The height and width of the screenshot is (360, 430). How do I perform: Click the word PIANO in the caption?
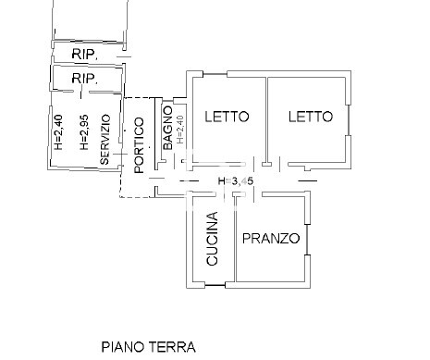(x=123, y=347)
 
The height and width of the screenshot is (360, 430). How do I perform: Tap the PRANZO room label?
(x=271, y=239)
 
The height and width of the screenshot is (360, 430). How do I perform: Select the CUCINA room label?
(x=213, y=239)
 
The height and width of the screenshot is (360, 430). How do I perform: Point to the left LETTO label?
(x=226, y=118)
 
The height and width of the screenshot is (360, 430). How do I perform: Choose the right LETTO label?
(x=309, y=118)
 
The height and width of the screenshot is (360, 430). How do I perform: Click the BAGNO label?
(x=167, y=128)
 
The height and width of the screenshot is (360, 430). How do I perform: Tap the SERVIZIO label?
(x=105, y=139)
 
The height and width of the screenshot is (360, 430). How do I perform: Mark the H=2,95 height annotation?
(x=82, y=133)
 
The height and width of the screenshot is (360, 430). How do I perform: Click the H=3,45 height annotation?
(x=235, y=181)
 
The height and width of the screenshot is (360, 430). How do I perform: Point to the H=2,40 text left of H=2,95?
(x=57, y=133)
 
